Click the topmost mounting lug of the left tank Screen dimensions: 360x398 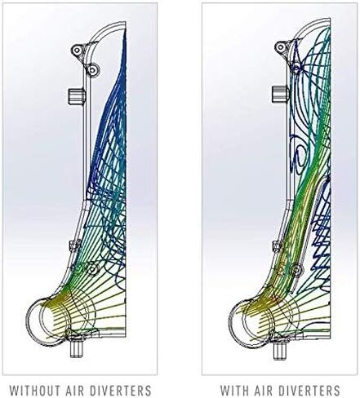(x=77, y=50)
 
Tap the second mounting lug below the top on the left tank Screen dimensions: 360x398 (x=93, y=70)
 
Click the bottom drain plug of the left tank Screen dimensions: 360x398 (x=76, y=350)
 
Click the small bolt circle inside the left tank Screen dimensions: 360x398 (x=93, y=269)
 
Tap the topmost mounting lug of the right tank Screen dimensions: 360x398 (x=281, y=47)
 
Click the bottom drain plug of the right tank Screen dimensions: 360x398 (x=279, y=351)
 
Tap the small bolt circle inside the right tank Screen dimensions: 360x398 (x=296, y=269)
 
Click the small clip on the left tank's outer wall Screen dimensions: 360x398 (x=75, y=245)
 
